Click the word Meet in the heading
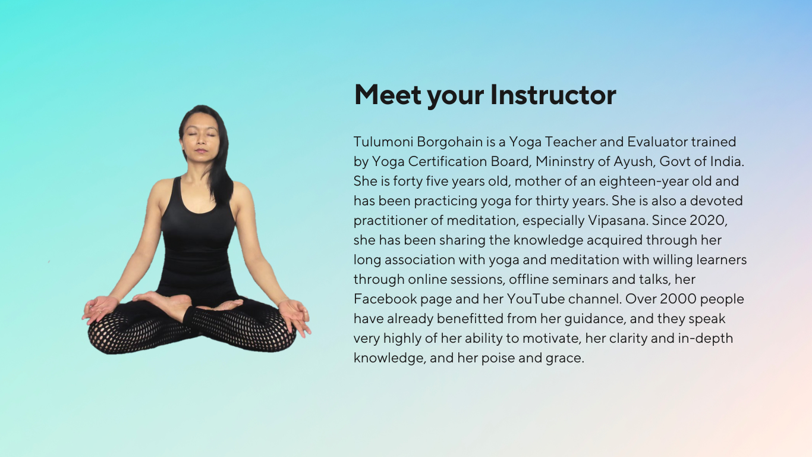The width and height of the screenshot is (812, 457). coord(388,95)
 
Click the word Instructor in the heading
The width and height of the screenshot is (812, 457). coord(553,95)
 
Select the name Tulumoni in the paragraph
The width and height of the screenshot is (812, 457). coord(383,142)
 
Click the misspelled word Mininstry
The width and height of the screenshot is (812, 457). coord(565,162)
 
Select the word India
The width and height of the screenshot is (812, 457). coord(727,161)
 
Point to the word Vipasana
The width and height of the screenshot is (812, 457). coord(618,221)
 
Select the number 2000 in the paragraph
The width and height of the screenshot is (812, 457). coord(678,299)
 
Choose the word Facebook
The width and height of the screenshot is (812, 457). coord(385,299)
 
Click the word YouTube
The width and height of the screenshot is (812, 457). coord(536,299)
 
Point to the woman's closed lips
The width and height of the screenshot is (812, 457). coord(200,151)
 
